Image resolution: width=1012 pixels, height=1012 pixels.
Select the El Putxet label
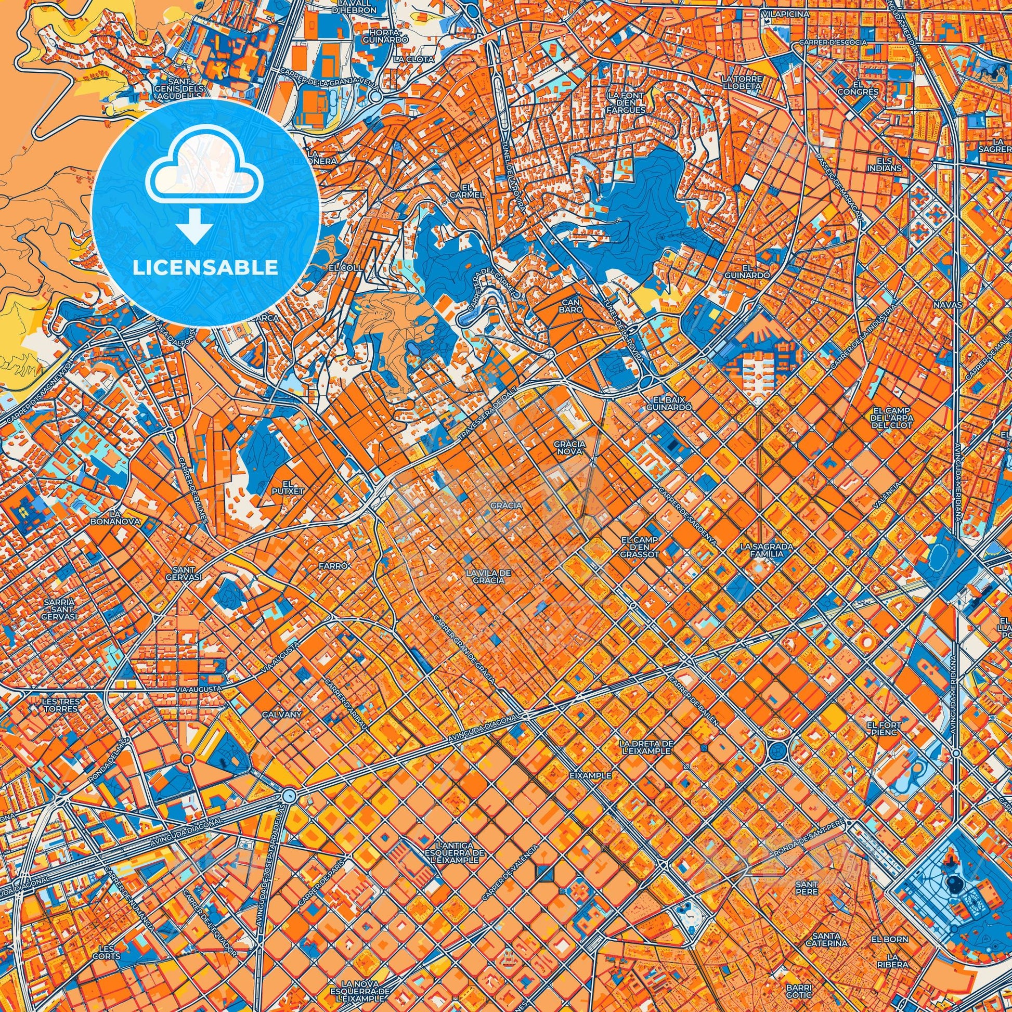[285, 487]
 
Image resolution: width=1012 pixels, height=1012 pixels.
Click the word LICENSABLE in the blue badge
[205, 268]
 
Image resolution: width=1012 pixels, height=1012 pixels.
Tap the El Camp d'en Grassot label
[639, 547]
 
